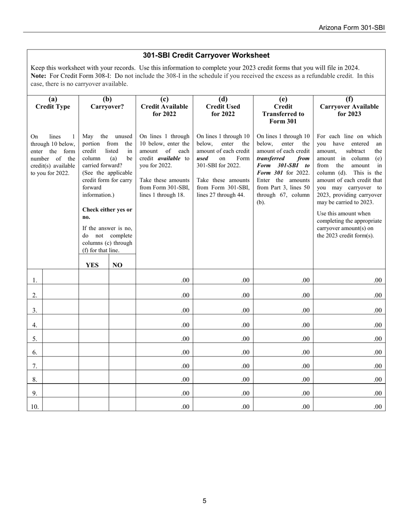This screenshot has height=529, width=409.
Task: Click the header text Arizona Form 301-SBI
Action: coord(352,28)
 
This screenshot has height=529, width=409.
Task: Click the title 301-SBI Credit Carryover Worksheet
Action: coord(206,55)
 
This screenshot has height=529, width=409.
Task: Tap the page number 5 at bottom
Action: coord(204,501)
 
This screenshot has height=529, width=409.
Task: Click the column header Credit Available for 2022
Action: coord(164,107)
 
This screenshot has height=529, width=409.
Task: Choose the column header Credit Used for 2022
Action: coord(223,107)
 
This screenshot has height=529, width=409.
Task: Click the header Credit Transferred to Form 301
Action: coord(283,110)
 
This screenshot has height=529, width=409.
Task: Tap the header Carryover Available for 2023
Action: coord(349,107)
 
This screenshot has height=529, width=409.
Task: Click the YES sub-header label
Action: coord(92,265)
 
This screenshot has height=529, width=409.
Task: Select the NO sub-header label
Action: coord(117,265)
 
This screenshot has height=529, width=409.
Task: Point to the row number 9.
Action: coord(34,393)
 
